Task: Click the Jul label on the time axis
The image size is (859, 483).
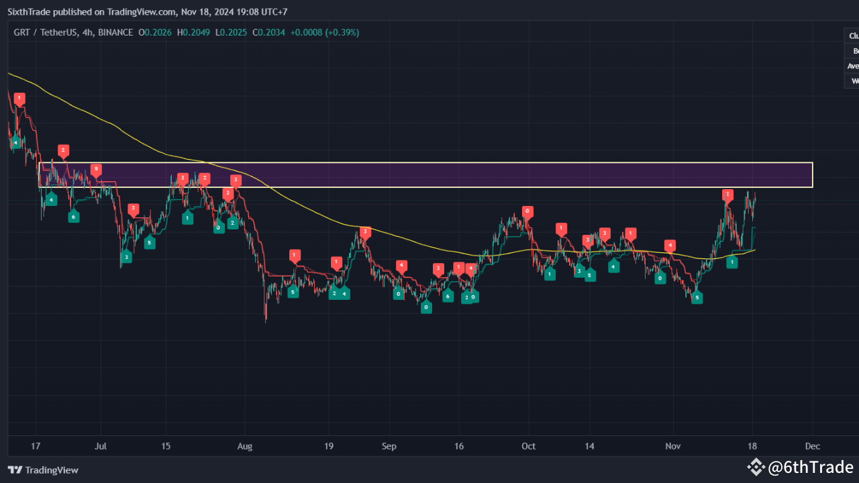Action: tap(101, 445)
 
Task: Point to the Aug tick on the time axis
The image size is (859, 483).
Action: tap(246, 445)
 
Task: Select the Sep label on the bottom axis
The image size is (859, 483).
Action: tap(389, 445)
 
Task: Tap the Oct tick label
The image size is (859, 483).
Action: tap(529, 445)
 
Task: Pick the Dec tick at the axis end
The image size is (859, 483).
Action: tap(813, 445)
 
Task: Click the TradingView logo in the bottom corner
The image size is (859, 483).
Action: tap(43, 470)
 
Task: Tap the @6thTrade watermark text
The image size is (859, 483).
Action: tap(810, 468)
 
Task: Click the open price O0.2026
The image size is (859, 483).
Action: tap(155, 32)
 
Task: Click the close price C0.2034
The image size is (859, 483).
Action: tap(267, 32)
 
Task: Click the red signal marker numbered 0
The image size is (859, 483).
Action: tap(528, 211)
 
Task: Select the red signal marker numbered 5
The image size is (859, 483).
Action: tap(96, 169)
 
